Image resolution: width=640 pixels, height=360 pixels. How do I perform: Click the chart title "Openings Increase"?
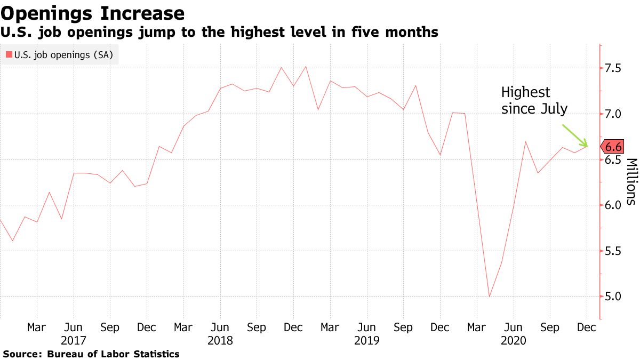(93, 13)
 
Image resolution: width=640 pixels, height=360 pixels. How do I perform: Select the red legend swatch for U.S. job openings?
(9, 54)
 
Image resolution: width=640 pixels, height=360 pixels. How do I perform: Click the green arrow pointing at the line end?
(575, 135)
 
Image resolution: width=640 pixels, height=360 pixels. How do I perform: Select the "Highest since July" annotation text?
(534, 101)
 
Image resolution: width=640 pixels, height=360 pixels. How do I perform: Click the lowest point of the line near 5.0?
(489, 297)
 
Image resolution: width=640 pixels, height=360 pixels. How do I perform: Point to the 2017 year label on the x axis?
(74, 340)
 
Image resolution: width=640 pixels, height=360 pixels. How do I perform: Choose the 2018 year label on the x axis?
(220, 340)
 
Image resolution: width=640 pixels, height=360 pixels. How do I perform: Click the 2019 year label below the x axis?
(366, 340)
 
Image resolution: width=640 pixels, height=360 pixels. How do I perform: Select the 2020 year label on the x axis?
(513, 340)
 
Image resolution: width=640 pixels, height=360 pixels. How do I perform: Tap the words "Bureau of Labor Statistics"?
(113, 354)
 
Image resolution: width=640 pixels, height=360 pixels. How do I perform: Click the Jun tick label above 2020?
(513, 327)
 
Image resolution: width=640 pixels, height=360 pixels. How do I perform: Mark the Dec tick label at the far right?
(587, 327)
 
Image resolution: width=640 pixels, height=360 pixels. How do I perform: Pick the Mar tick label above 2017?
(37, 327)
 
